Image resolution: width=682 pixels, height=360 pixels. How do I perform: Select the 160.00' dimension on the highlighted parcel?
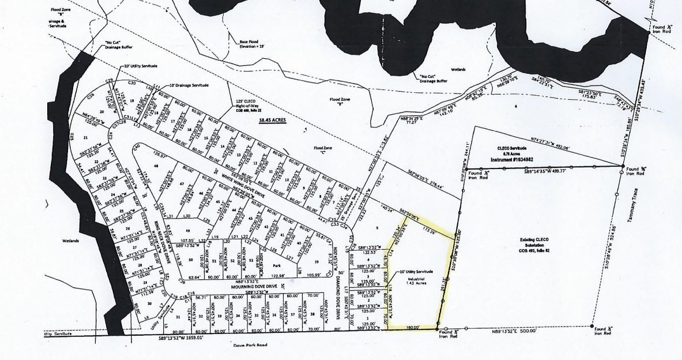(410, 327)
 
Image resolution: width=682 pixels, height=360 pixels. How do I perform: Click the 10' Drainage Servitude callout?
(187, 85)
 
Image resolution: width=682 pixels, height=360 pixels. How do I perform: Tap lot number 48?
(155, 165)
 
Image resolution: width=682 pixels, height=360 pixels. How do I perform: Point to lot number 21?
(86, 137)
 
